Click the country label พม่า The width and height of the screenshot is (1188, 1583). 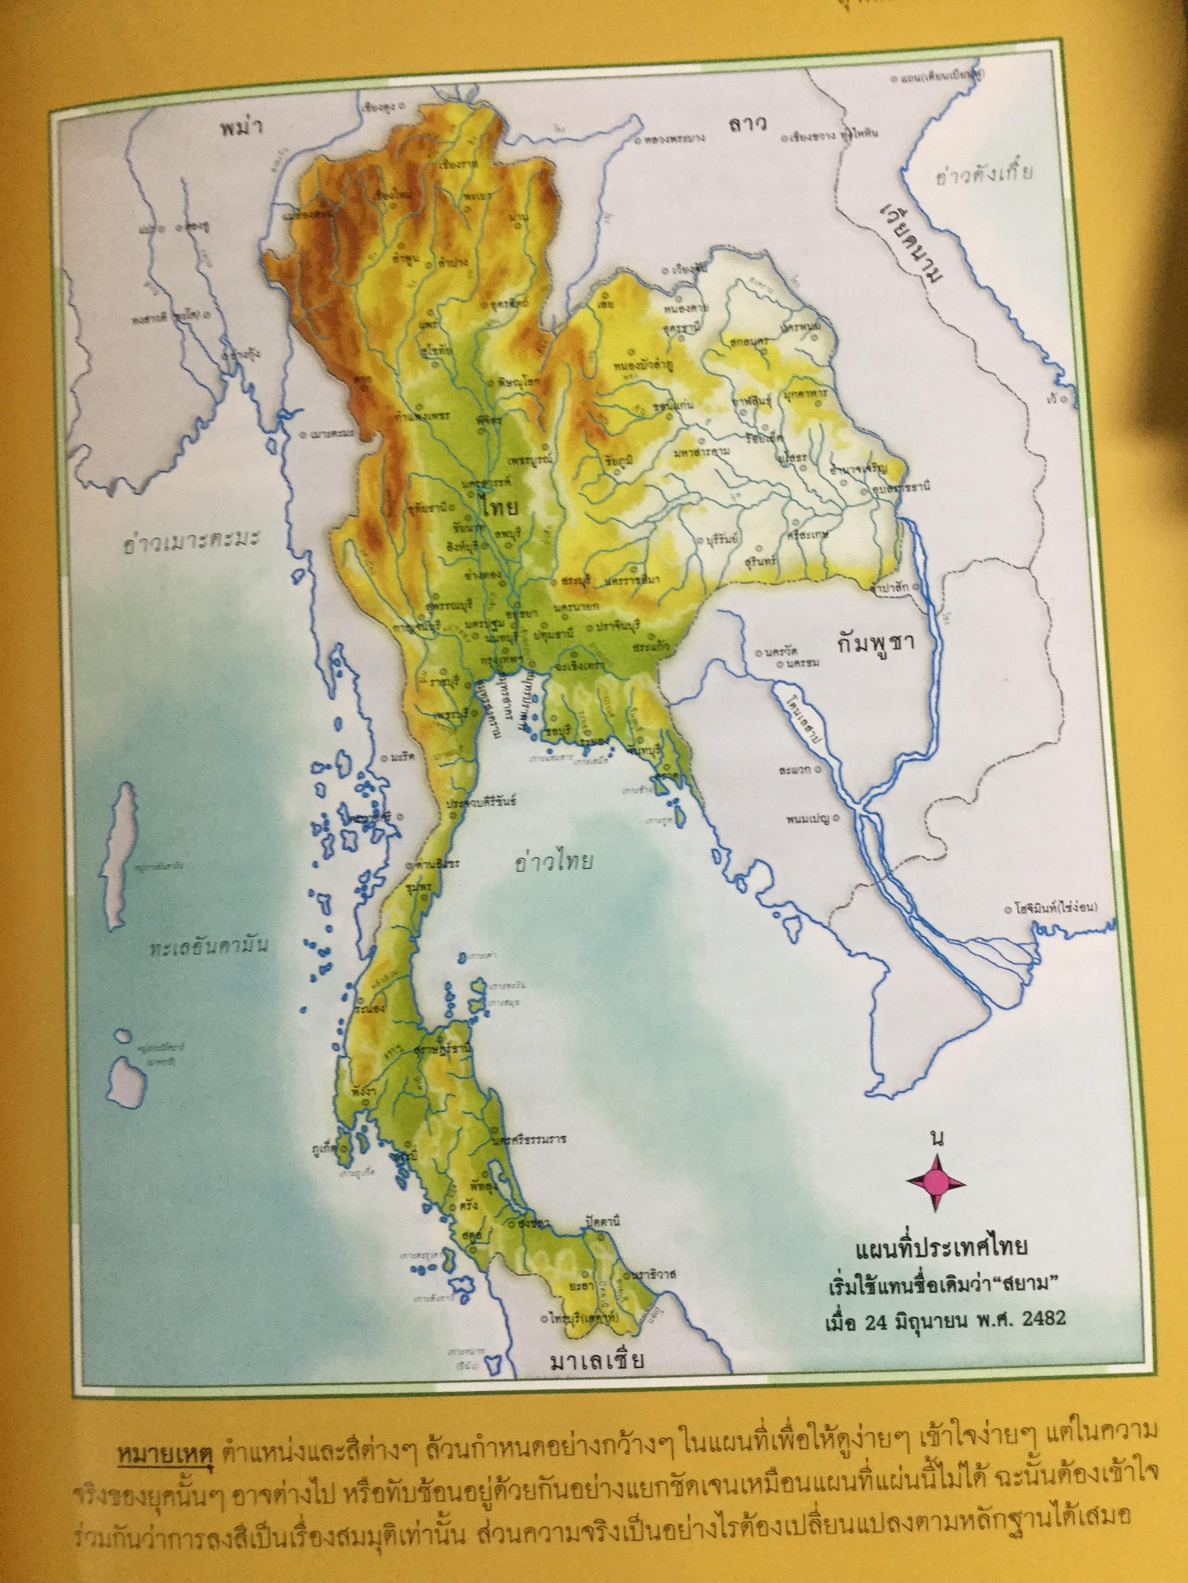[x=239, y=129]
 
